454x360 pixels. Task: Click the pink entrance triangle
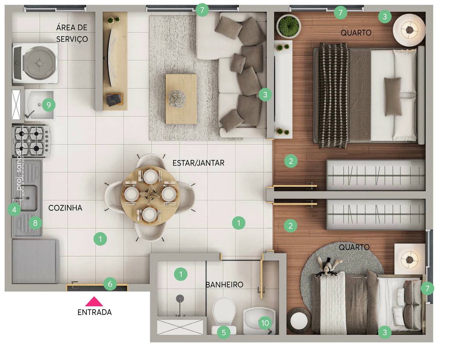[x=94, y=302]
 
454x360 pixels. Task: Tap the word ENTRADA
[x=94, y=312]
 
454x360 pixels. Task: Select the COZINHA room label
[x=65, y=207]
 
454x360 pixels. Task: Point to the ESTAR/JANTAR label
[x=198, y=163]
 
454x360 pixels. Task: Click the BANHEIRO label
[x=224, y=285]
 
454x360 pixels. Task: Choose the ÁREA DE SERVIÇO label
[x=72, y=33]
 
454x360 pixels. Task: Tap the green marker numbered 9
[x=48, y=105]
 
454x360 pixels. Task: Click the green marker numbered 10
[x=265, y=323]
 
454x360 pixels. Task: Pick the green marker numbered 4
[x=14, y=209]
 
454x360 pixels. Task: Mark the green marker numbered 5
[x=223, y=332]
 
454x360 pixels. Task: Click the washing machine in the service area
[x=35, y=63]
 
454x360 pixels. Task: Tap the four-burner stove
[x=30, y=140]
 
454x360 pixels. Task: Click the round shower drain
[x=180, y=298]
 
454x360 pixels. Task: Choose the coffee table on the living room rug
[x=181, y=98]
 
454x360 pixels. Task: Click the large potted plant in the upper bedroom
[x=289, y=26]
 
